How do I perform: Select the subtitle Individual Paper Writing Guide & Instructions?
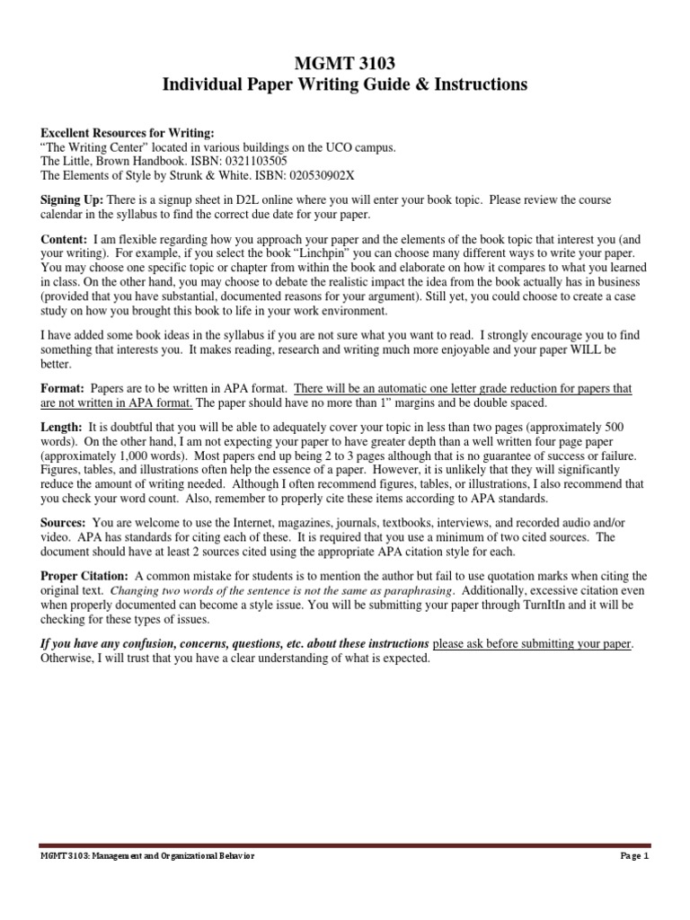(344, 85)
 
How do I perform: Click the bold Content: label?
(64, 240)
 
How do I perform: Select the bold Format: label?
(62, 388)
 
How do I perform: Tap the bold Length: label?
(62, 427)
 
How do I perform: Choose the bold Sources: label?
(65, 522)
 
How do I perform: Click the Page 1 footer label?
(633, 856)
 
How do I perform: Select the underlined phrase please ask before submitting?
(533, 644)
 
